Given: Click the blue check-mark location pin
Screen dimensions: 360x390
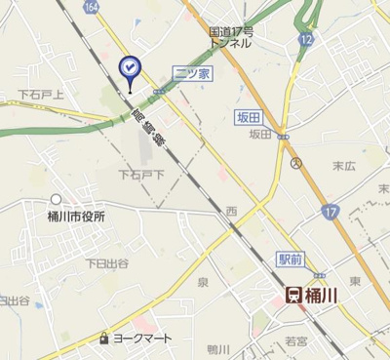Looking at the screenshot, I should [x=129, y=67].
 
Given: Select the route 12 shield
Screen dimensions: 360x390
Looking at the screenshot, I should [x=307, y=39].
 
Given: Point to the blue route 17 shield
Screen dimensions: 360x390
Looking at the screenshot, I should [x=331, y=210].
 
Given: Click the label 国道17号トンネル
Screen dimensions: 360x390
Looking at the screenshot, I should [x=232, y=38].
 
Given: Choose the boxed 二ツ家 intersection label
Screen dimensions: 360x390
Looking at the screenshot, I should [x=191, y=74].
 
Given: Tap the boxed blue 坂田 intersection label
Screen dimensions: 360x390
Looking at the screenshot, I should [x=250, y=117].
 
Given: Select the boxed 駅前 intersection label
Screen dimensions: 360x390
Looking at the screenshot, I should [x=290, y=259].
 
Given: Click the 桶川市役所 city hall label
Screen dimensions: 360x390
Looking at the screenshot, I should [x=76, y=216].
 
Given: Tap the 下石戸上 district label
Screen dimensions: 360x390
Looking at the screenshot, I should [x=41, y=95].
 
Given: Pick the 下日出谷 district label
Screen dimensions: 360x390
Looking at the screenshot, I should [x=106, y=262].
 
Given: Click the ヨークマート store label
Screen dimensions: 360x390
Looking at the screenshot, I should [x=142, y=338].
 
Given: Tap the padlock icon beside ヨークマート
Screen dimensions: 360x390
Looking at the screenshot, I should [x=103, y=338].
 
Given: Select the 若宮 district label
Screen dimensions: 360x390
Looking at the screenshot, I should [x=296, y=340].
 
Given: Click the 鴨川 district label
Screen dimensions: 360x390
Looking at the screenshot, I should [x=217, y=349].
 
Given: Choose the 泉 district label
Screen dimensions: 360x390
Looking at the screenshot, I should [x=203, y=282].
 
